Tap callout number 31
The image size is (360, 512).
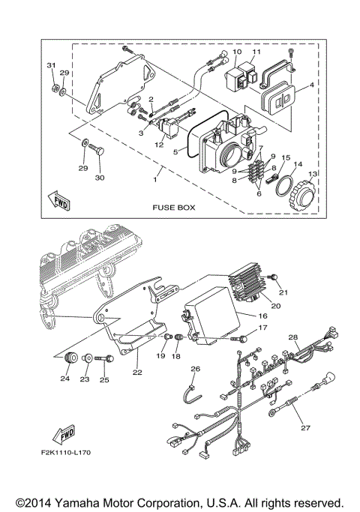tap(52, 65)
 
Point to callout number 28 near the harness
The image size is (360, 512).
tap(293, 337)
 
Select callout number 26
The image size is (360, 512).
tap(195, 369)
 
